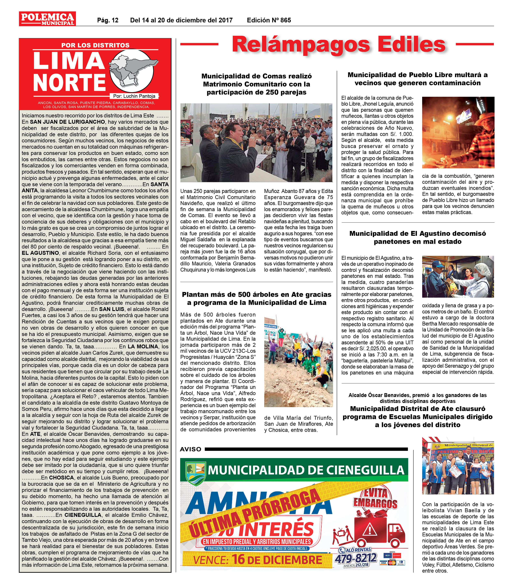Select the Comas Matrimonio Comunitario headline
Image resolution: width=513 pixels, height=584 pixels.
point(256,84)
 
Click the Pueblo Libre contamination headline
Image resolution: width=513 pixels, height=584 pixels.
point(417,79)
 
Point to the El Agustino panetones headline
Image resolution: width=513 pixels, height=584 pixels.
point(417,237)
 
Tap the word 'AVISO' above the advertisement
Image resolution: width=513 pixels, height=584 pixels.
point(191,449)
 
